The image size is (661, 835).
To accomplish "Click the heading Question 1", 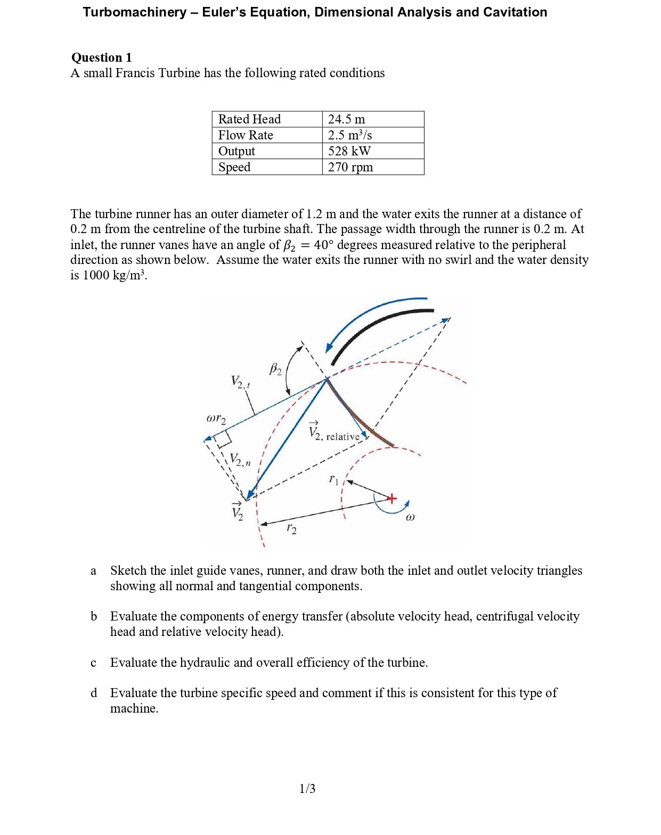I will point(101,57).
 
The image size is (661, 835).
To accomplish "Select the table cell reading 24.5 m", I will point(346,119).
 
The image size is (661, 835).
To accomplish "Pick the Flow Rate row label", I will point(246,135).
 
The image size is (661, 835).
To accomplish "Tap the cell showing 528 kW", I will point(349,151).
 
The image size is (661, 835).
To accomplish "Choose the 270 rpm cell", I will point(350,167).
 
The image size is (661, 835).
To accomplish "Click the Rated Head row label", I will point(249,119).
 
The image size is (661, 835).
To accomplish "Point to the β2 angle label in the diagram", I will point(275,369).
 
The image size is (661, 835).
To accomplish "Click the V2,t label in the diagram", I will point(240,382).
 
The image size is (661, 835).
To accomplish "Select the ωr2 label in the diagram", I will point(216,419).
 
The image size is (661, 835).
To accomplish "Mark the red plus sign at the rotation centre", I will point(391,499).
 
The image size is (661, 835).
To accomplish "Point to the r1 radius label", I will point(333,479).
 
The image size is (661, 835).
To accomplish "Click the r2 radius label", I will point(291,528).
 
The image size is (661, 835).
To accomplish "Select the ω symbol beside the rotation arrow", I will point(410,517).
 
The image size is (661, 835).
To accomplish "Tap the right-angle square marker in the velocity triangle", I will point(223,438).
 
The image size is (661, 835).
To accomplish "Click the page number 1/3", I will point(307,788).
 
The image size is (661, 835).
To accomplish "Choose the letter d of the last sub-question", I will point(94,693).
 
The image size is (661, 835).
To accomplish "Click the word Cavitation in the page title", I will point(515,12).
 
